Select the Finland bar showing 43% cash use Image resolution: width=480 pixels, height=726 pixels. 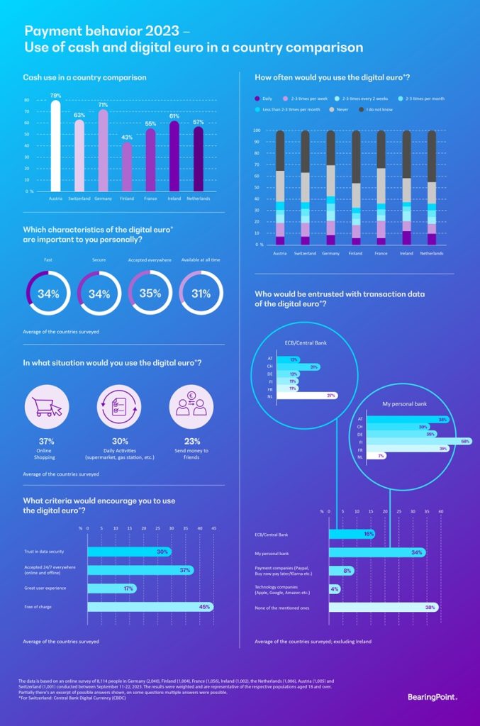(127, 167)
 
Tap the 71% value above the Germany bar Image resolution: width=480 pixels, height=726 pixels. (103, 105)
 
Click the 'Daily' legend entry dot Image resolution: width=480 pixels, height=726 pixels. (257, 98)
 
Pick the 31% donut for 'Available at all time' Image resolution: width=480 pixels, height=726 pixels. (201, 294)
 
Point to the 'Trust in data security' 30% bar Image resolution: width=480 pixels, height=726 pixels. (128, 551)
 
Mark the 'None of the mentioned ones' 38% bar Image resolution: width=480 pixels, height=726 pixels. (383, 607)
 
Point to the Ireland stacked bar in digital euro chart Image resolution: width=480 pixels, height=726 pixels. (406, 188)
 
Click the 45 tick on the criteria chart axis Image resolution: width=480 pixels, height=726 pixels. (213, 527)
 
